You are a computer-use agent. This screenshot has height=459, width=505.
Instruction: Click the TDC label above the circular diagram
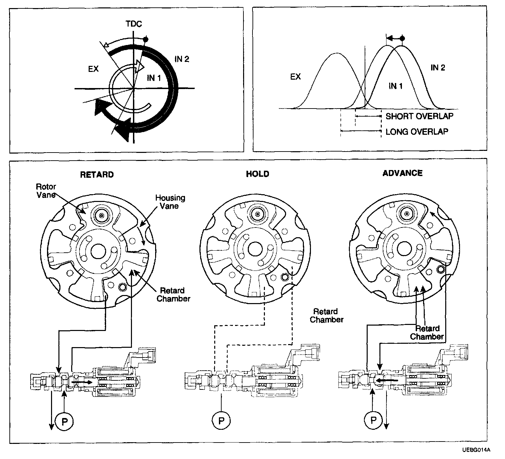(x=134, y=24)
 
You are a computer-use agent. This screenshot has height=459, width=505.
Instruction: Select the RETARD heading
(x=97, y=174)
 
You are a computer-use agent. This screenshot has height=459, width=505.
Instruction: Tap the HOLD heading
(x=258, y=174)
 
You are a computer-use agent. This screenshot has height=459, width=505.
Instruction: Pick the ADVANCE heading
(x=402, y=173)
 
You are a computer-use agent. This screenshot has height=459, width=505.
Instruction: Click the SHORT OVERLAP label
(x=419, y=116)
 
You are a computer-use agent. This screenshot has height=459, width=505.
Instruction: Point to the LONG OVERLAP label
(x=417, y=131)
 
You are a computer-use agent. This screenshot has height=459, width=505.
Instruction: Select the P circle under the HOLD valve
(x=221, y=420)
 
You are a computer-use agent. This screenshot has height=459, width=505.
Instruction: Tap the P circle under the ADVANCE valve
(x=373, y=420)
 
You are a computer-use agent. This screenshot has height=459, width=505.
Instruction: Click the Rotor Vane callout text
(x=46, y=191)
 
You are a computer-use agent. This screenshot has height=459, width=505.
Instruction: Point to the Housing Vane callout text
(x=170, y=202)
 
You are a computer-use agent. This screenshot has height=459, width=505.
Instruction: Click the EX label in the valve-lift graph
(x=295, y=77)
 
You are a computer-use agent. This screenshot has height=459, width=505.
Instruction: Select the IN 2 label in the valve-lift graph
(x=438, y=68)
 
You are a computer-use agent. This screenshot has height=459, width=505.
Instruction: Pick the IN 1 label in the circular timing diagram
(x=154, y=78)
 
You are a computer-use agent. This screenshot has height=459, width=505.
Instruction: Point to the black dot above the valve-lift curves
(x=403, y=39)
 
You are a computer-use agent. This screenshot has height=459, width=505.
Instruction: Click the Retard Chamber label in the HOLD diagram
(x=326, y=316)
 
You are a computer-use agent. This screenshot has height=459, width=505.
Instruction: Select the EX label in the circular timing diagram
(x=93, y=69)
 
